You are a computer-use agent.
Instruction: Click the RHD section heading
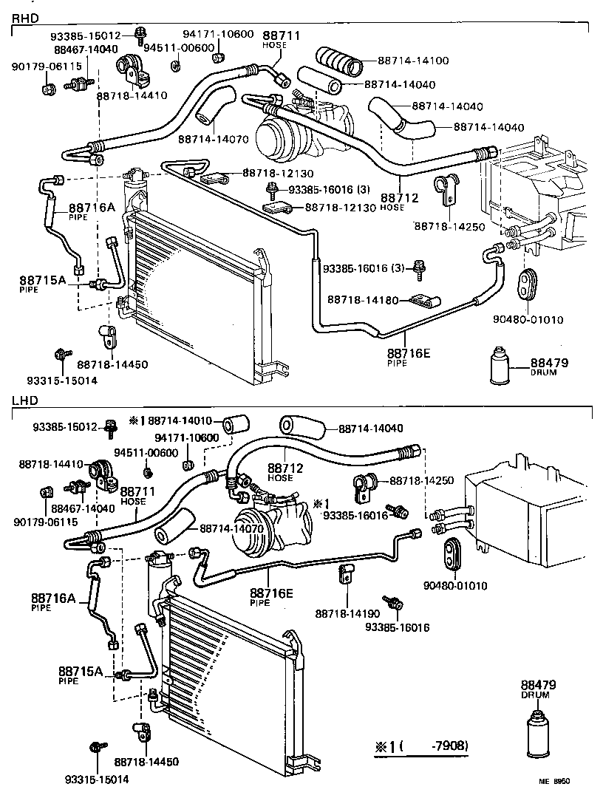pyautogui.click(x=24, y=16)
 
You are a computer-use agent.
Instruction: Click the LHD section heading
pyautogui.click(x=24, y=400)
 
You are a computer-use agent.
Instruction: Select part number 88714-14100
pyautogui.click(x=413, y=60)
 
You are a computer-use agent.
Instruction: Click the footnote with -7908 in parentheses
pyautogui.click(x=422, y=745)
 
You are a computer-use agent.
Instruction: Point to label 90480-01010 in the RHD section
pyautogui.click(x=528, y=319)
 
